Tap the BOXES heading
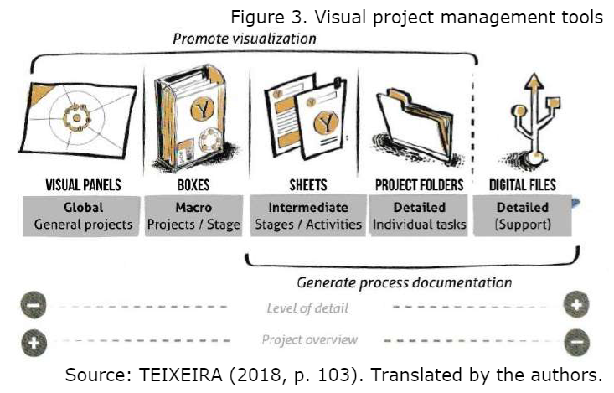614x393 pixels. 193,184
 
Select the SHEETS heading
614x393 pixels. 305,184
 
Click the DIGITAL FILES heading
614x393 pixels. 523,184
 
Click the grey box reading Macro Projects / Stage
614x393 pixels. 193,216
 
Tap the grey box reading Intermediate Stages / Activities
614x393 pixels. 304,216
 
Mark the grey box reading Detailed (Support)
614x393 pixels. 523,216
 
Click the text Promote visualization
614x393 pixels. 245,39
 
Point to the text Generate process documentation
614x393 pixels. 405,282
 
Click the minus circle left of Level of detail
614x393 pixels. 34,307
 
